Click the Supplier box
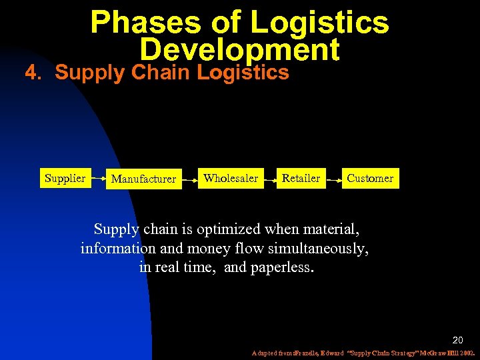[65, 178]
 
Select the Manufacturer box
[143, 179]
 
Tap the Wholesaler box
[230, 178]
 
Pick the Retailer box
[301, 178]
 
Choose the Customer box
[370, 178]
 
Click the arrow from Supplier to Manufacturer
[98, 179]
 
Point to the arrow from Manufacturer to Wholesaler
[189, 179]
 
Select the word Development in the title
[239, 50]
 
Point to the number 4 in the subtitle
[30, 73]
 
